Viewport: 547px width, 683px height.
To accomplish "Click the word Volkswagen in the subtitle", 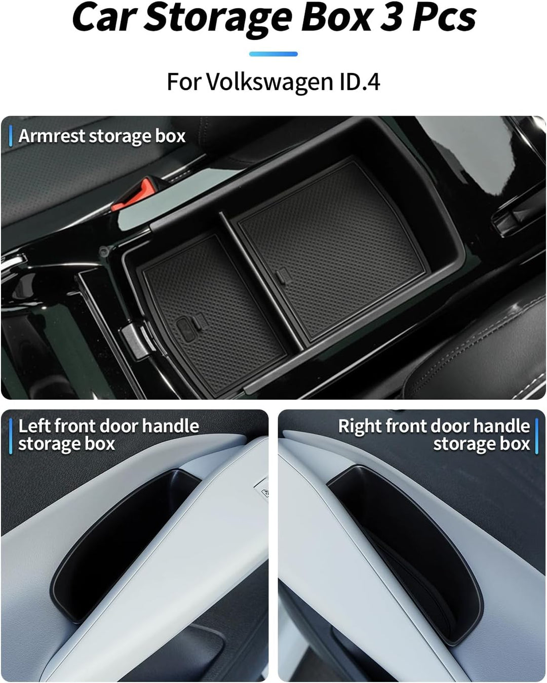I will tap(269, 82).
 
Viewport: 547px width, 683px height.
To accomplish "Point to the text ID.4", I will tap(360, 82).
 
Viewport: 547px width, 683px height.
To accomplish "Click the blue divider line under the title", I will tap(273, 54).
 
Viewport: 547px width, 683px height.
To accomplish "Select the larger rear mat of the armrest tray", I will tap(329, 243).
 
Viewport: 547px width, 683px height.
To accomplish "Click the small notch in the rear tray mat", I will tap(282, 276).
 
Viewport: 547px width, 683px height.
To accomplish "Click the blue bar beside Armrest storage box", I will tap(11, 136).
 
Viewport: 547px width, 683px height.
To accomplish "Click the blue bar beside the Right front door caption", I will tap(537, 436).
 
